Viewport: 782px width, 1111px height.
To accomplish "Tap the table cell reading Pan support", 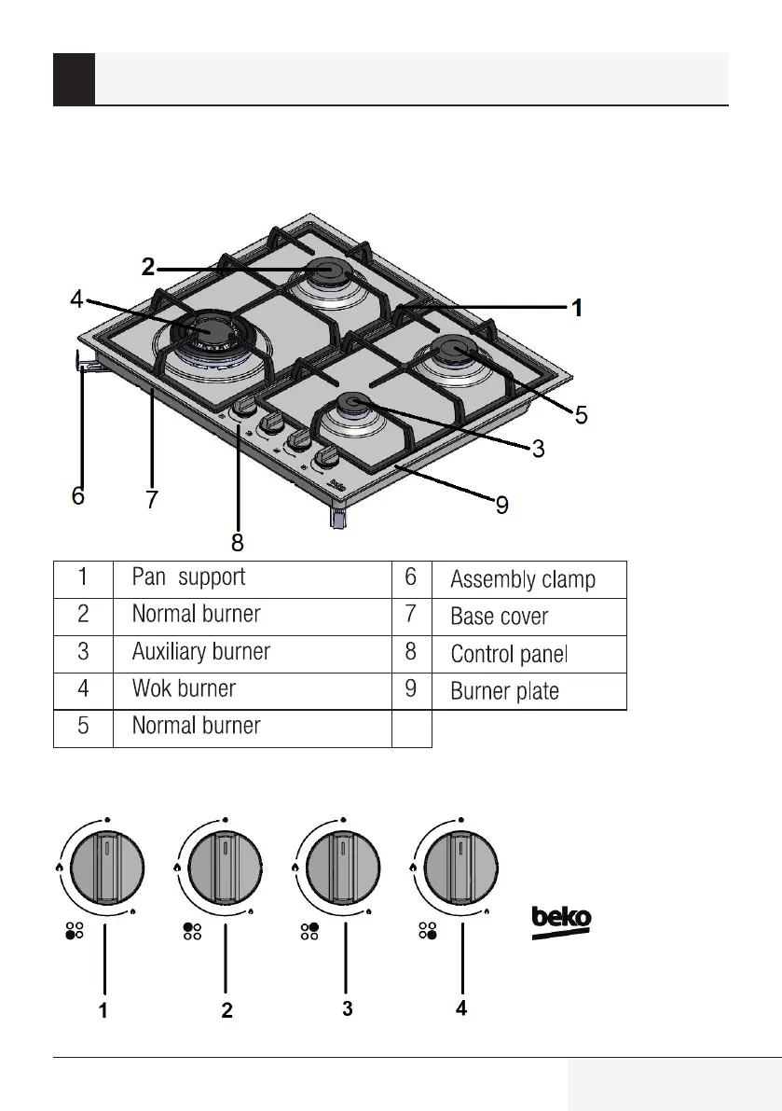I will pyautogui.click(x=189, y=577).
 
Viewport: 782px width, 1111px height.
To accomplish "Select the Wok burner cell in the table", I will pyautogui.click(x=185, y=689).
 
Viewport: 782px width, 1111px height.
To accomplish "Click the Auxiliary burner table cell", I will pyautogui.click(x=201, y=652).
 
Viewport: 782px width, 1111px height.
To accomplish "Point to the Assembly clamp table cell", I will pyautogui.click(x=522, y=580).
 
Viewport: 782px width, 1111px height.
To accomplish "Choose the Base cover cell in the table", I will pyautogui.click(x=500, y=617).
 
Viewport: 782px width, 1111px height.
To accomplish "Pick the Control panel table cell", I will pyautogui.click(x=509, y=654).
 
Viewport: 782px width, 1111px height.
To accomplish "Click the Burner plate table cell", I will pyautogui.click(x=504, y=691).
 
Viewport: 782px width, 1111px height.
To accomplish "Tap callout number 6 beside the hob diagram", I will pyautogui.click(x=78, y=495).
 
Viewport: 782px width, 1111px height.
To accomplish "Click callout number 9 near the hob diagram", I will pyautogui.click(x=501, y=507).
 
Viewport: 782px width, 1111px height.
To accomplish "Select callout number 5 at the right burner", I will pyautogui.click(x=581, y=415).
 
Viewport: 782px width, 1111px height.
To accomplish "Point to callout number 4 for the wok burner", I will pyautogui.click(x=77, y=299).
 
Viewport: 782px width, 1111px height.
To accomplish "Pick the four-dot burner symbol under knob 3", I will pyautogui.click(x=309, y=931).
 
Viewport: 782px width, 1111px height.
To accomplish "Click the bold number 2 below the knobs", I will pyautogui.click(x=226, y=1010).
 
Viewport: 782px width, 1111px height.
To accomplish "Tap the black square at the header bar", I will pyautogui.click(x=74, y=78).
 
